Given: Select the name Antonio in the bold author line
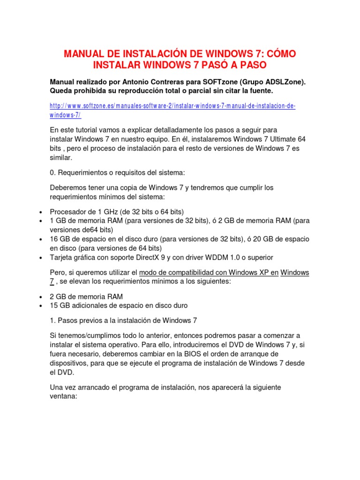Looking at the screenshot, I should [145, 82].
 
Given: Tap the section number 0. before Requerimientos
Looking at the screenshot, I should [52, 172].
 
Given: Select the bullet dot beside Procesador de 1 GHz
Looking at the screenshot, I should [41, 211].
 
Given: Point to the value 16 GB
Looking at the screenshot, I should [60, 239].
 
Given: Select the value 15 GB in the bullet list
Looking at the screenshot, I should [60, 306].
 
